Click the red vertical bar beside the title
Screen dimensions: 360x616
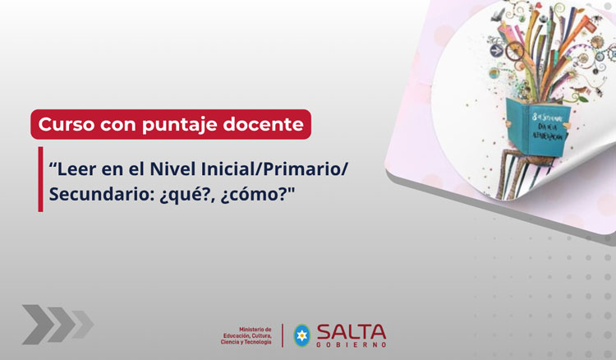[x=40, y=180]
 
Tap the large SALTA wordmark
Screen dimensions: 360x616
[x=351, y=331]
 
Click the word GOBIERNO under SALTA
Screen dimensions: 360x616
[x=351, y=345]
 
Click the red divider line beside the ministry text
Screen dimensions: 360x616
[x=282, y=335]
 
